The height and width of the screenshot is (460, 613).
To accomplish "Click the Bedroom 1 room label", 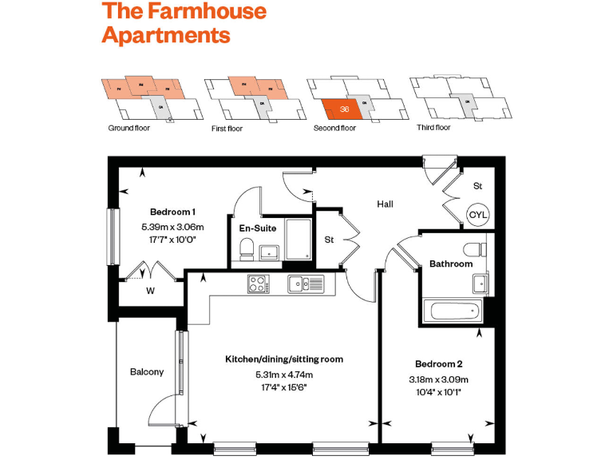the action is (x=173, y=212).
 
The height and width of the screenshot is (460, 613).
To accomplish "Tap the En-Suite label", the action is (x=258, y=228).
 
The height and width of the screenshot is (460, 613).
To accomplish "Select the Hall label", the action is (x=386, y=204).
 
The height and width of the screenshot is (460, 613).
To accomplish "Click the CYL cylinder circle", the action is (x=477, y=215).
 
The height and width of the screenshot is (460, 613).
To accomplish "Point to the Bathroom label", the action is (x=451, y=264).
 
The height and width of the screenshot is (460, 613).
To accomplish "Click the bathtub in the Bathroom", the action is (x=451, y=312).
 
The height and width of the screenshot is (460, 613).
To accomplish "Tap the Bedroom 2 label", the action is (x=438, y=363).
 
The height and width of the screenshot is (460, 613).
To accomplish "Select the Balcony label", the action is (x=147, y=371).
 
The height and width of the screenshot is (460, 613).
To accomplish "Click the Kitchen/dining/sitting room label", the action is (x=284, y=359).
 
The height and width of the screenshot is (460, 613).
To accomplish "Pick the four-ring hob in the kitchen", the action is (x=258, y=283).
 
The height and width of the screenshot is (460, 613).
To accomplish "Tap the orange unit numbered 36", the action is (x=343, y=109).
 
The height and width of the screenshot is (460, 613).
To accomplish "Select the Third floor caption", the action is (x=433, y=128).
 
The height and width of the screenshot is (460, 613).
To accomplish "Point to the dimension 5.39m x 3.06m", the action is (x=173, y=227).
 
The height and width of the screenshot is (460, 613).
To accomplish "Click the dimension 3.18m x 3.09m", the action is (x=438, y=379).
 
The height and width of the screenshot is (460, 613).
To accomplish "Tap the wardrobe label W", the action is (x=149, y=291).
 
